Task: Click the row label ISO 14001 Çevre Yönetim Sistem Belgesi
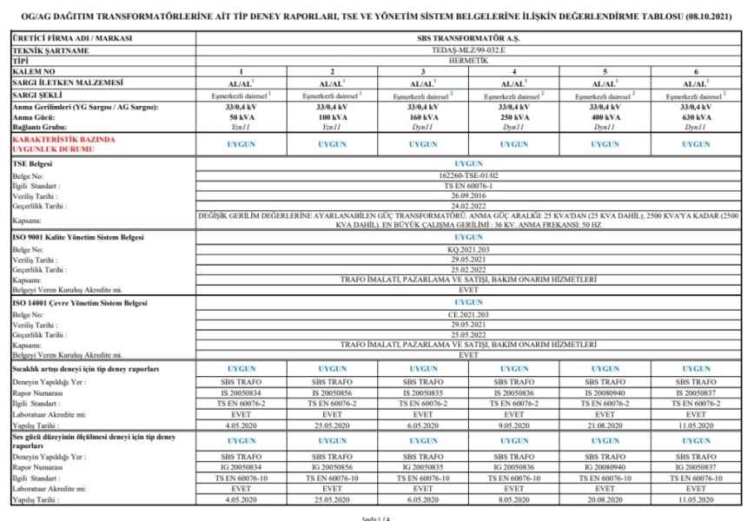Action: tap(83, 302)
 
